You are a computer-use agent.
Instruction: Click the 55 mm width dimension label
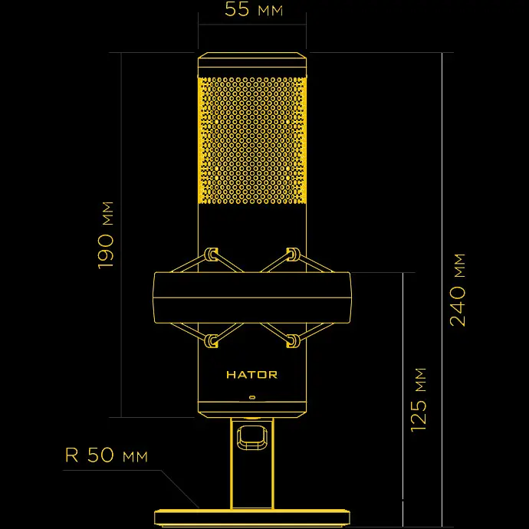point(251,11)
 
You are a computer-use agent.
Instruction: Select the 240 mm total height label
point(458,288)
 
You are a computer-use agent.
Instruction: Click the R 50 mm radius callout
point(106,455)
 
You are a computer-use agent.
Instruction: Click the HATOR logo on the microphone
point(251,375)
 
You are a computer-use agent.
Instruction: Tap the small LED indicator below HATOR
point(252,398)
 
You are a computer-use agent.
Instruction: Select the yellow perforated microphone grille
point(252,140)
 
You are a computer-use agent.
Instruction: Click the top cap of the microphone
point(252,64)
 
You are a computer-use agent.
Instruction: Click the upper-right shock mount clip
point(292,254)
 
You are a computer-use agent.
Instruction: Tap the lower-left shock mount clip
point(212,340)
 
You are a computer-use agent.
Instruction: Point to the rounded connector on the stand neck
point(251,438)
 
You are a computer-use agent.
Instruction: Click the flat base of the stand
point(251,518)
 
